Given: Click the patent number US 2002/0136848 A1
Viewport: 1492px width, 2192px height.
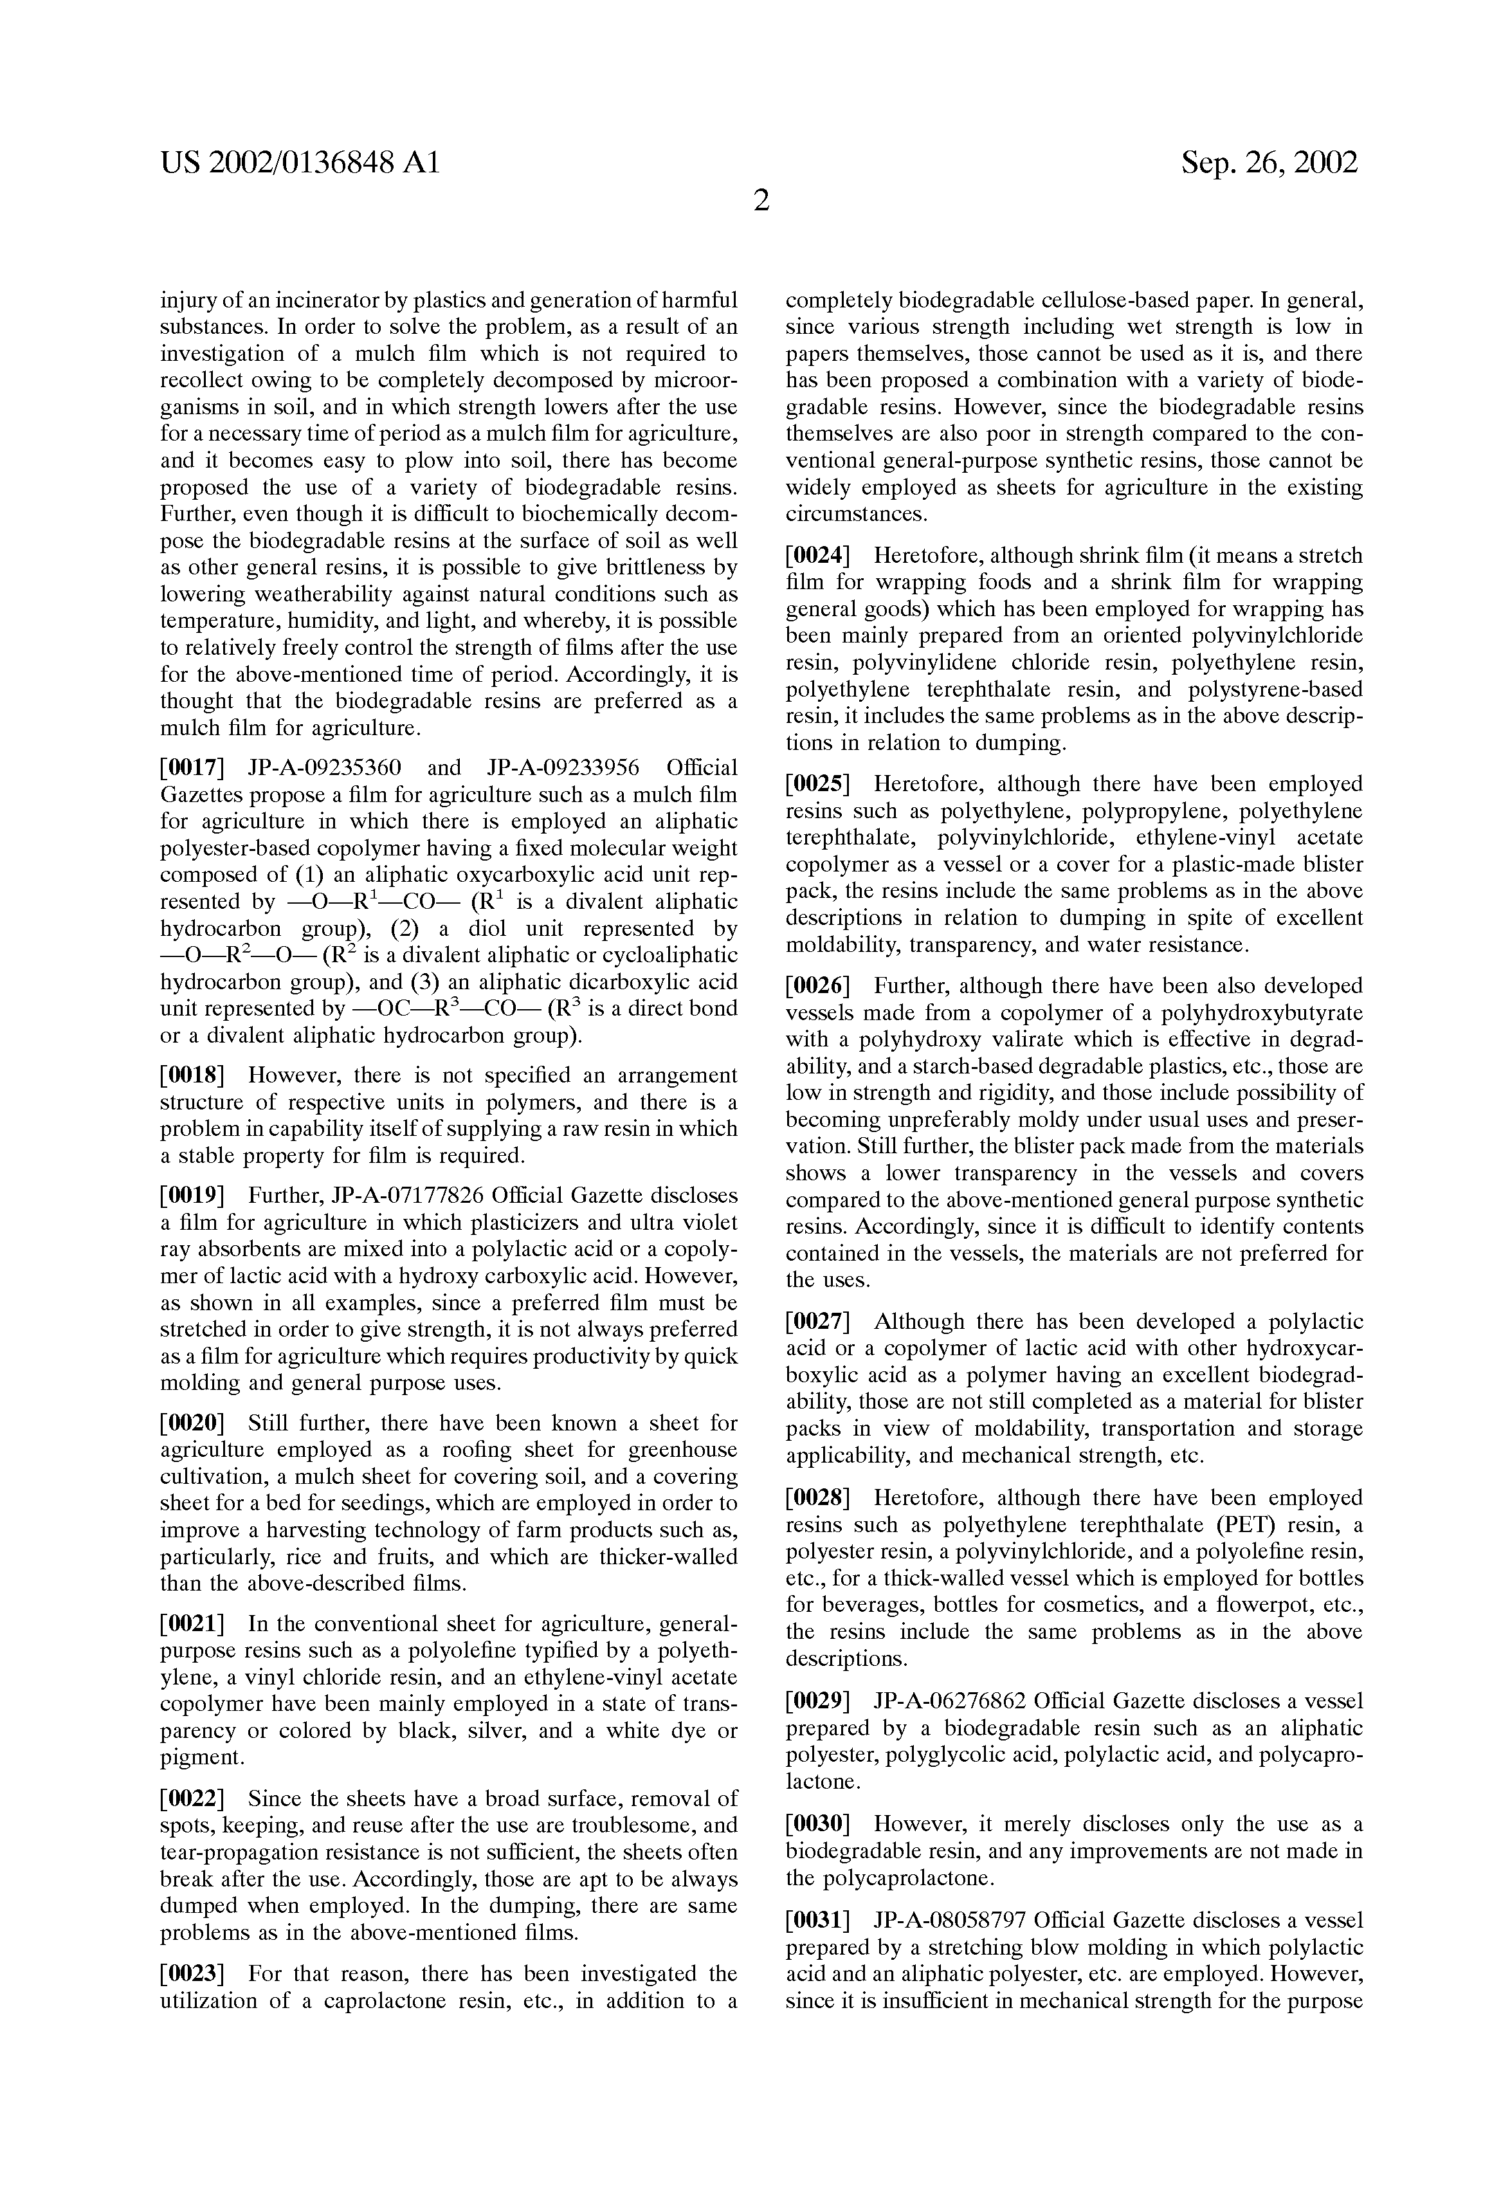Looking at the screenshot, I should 300,163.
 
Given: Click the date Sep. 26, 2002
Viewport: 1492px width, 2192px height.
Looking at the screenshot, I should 1269,163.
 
